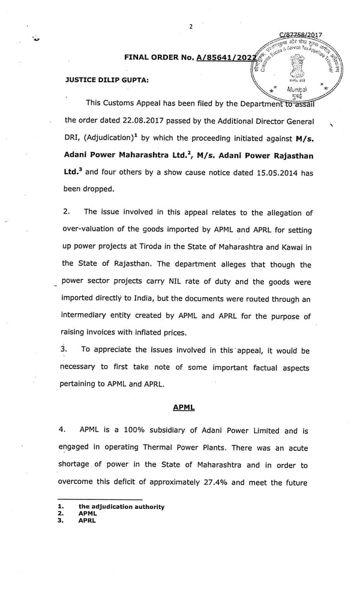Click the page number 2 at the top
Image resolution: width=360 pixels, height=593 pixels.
click(x=190, y=26)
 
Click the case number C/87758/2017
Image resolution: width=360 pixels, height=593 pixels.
click(x=301, y=35)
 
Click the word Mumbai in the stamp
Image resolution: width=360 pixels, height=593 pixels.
click(x=298, y=88)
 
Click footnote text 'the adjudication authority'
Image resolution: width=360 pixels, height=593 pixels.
click(x=121, y=507)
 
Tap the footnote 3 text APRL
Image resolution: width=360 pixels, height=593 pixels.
click(x=87, y=520)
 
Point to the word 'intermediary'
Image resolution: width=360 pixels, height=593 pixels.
click(x=91, y=316)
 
